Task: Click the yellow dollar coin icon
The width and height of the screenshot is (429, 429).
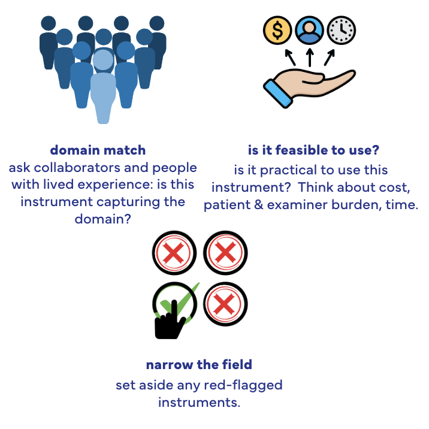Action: pos(277,30)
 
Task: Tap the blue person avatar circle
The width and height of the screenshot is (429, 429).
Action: pos(309,30)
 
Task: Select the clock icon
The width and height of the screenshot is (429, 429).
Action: pos(342,30)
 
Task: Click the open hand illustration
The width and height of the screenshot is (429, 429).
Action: pos(309,88)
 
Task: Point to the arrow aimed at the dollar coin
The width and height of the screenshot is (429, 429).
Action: pos(290,57)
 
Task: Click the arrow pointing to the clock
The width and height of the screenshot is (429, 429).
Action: pos(330,57)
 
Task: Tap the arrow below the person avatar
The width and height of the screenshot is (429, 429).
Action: pos(310,58)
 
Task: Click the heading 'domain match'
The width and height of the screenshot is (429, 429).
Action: pos(98,150)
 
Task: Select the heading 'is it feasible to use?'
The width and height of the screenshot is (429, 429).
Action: pos(313,150)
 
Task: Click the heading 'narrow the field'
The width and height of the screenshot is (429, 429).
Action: pos(199,365)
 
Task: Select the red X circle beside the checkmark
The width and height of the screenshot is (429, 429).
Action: pos(225,304)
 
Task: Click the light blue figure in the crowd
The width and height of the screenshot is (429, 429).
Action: pos(103,87)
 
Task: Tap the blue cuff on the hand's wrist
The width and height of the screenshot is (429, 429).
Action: pos(277,93)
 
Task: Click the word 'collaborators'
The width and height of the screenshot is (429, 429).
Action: pos(77,167)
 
